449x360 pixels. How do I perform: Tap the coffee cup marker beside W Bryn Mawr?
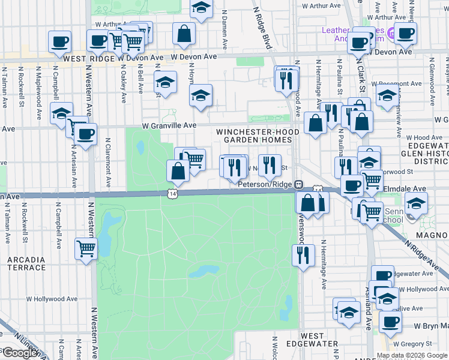click(x=390, y=321)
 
